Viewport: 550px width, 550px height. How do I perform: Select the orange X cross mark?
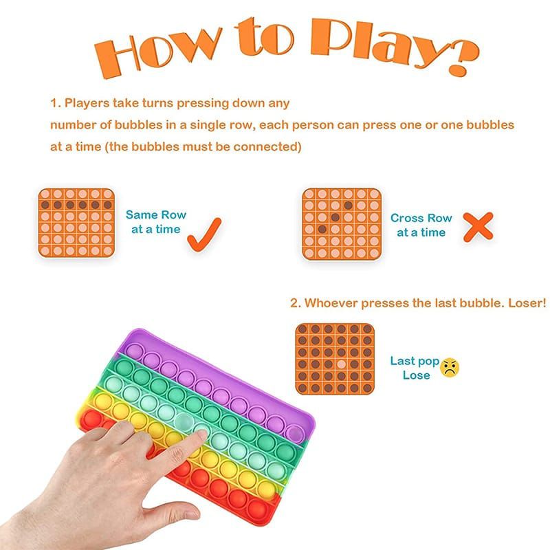478,226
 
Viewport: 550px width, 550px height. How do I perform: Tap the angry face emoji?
450,367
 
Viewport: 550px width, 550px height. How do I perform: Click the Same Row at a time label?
155,222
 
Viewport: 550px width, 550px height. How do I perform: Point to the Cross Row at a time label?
421,225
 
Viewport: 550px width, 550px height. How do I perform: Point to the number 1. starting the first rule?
55,103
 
